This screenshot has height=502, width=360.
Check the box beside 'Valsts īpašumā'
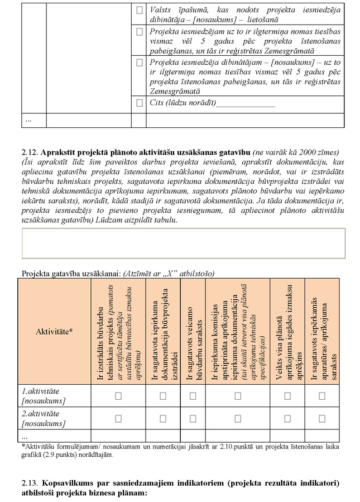tap(140, 10)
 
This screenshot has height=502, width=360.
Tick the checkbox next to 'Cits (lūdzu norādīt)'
tap(140, 103)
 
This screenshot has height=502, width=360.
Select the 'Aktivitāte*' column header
tap(54, 331)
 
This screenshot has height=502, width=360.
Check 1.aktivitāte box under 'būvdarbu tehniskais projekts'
tap(118, 396)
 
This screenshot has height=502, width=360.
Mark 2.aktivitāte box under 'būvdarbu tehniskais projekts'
tap(118, 418)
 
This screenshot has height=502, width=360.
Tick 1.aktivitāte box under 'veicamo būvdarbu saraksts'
tap(193, 396)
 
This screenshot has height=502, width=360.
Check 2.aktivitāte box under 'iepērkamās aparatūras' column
tap(322, 418)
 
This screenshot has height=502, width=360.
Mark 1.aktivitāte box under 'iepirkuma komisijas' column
tap(237, 396)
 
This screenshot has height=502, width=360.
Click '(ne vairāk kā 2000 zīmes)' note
tap(296, 152)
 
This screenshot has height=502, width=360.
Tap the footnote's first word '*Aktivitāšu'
tap(39, 447)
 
